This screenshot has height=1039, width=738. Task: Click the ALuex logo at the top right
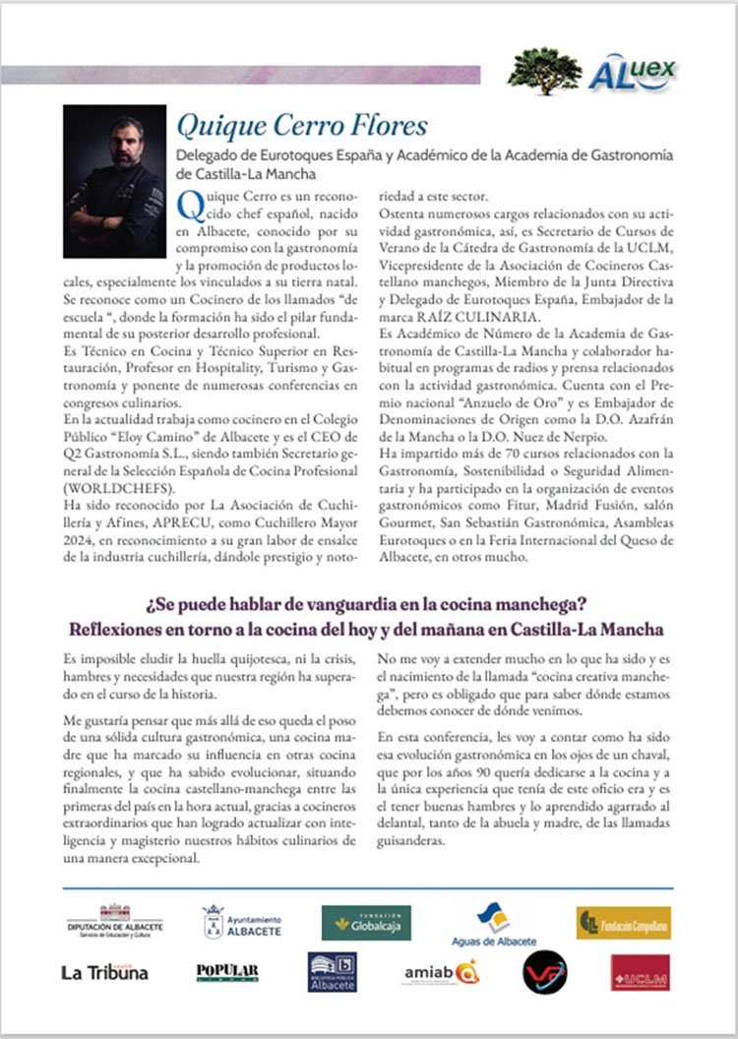633,71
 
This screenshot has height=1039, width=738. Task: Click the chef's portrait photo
114,181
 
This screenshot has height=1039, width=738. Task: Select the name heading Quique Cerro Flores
302,126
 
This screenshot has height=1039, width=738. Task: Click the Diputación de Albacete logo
115,923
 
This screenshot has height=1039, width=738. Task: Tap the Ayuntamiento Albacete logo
242,923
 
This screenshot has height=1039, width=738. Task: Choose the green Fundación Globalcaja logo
366,923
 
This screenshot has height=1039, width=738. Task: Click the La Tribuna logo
104,972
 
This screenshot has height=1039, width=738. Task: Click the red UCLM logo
640,972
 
